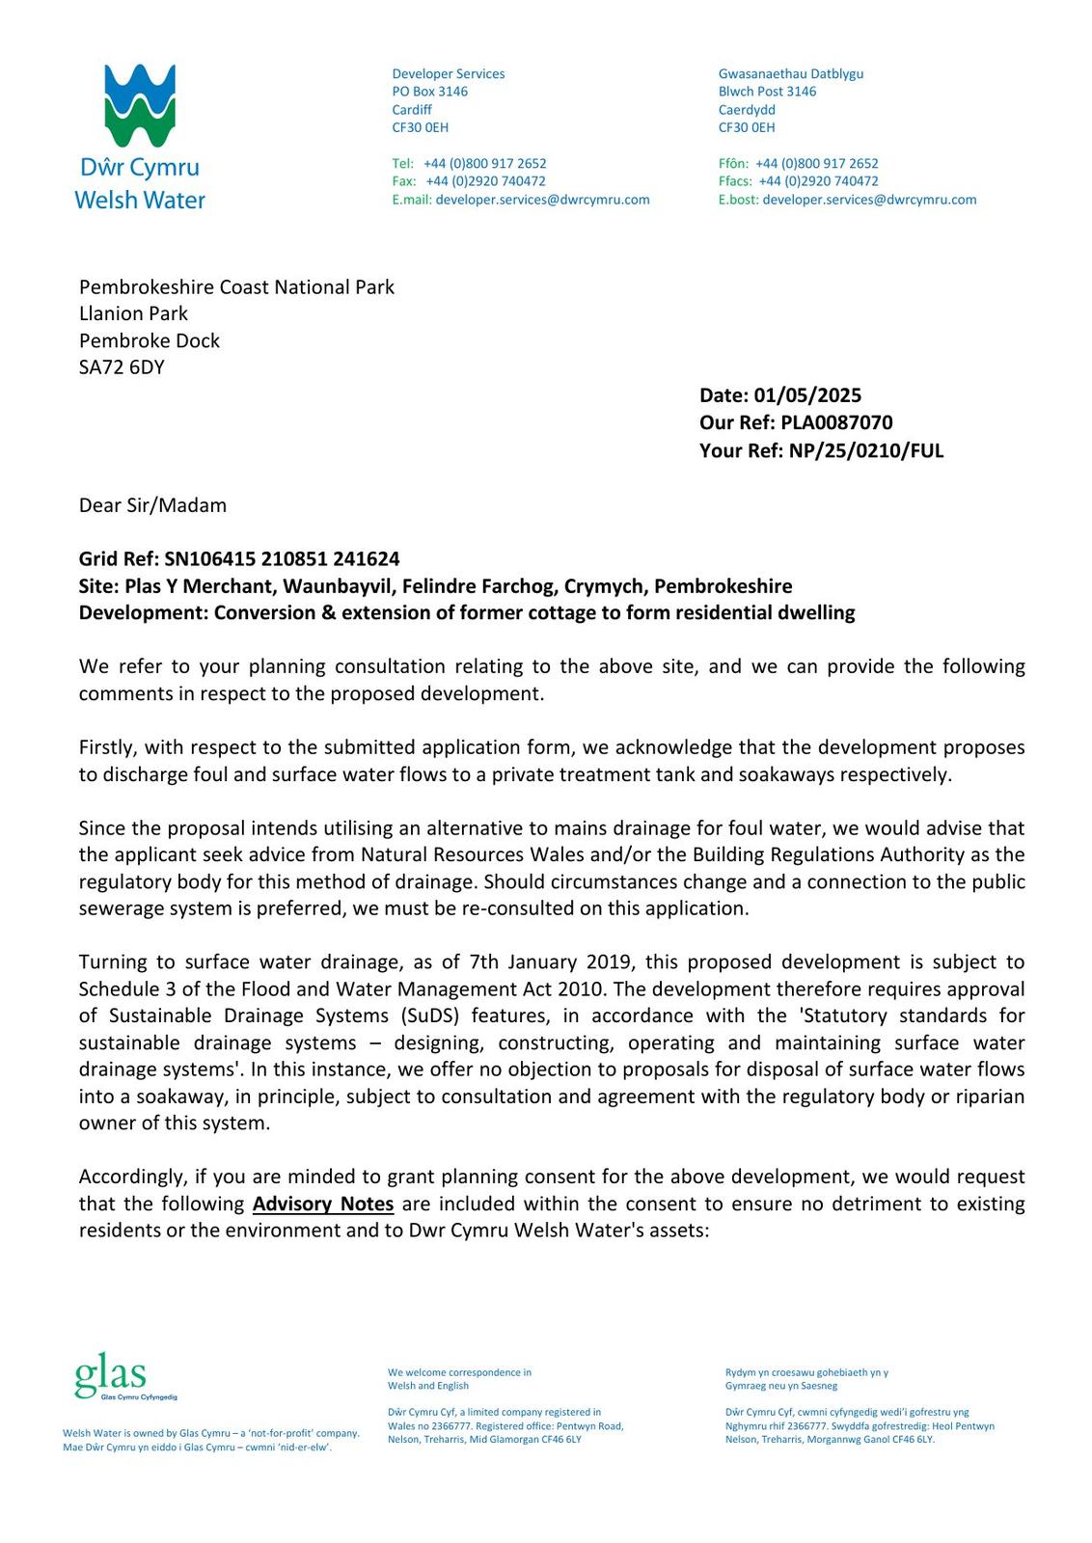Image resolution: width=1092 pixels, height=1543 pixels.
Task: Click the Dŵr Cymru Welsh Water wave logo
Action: [x=140, y=106]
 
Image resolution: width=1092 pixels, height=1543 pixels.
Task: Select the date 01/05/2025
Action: [x=807, y=395]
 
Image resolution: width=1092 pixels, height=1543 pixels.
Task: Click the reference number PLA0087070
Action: [x=836, y=422]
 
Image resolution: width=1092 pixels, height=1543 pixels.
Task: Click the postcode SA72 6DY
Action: [x=122, y=367]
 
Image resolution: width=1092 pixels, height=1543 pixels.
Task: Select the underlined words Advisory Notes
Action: [x=323, y=1204]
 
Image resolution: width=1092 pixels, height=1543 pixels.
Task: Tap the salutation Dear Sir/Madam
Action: [x=152, y=505]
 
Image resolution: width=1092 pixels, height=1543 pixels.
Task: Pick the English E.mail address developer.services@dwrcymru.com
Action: [x=542, y=200]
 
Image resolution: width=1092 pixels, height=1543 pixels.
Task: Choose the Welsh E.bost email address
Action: [x=869, y=200]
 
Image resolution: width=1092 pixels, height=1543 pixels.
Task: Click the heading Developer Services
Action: [x=448, y=74]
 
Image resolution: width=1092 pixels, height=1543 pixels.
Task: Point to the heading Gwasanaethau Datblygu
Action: [x=790, y=74]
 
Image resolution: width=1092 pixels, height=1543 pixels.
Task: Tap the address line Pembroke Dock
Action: [x=150, y=340]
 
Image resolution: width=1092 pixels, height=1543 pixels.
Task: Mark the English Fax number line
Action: [x=469, y=181]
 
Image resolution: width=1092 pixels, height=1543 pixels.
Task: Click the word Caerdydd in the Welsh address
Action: [x=747, y=110]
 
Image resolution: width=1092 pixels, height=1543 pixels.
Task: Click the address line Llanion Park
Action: [x=133, y=313]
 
